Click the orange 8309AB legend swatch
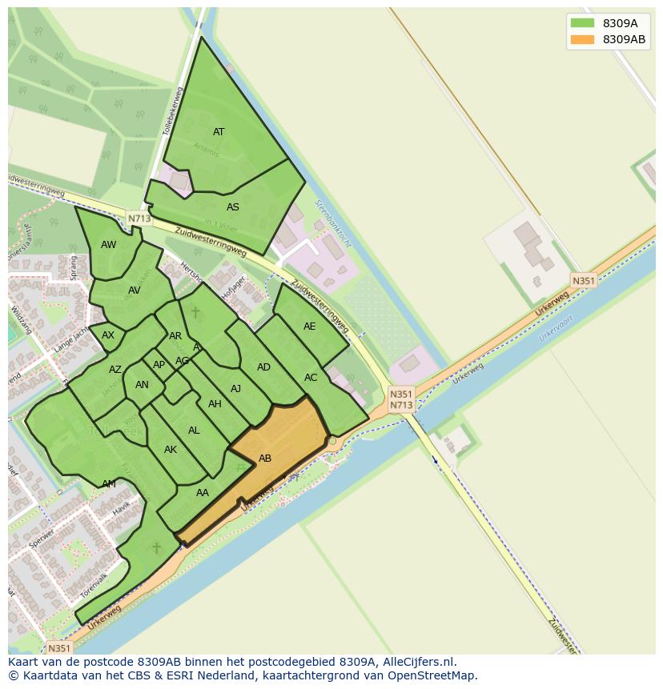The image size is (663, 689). pos(581,39)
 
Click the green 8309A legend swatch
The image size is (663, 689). pos(581,23)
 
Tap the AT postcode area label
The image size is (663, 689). pos(219,132)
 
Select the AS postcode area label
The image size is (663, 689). pos(233,207)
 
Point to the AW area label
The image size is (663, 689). pos(109,245)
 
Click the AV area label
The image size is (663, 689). pos(135,290)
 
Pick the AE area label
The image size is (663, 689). pos(310,326)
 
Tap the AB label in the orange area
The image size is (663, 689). pos(265,459)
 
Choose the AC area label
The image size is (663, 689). pos(311,378)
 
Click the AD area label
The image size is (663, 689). pos(263,367)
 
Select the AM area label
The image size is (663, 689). pos(109,484)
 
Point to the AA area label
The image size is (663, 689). pos(203,493)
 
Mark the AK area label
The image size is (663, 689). pos(171,450)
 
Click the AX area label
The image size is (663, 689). pos(108,335)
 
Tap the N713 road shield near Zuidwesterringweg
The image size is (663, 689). pos(139,218)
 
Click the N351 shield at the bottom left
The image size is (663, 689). pos(58,648)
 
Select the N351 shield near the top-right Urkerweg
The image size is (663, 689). pos(583,280)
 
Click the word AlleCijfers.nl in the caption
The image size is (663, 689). pos(418,662)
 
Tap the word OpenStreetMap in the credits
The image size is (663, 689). pos(432,675)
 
